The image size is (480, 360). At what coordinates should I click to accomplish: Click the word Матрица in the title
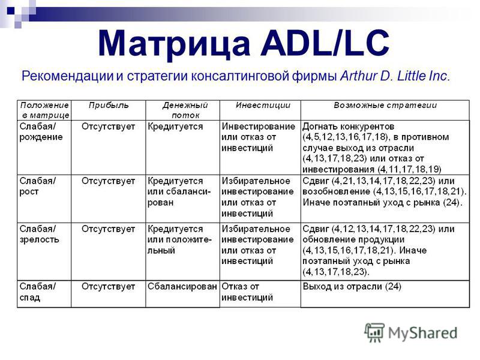[174, 43]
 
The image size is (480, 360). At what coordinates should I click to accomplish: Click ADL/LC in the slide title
[325, 43]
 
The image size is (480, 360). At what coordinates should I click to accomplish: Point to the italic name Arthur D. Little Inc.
[395, 76]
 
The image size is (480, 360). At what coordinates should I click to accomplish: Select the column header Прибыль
[109, 106]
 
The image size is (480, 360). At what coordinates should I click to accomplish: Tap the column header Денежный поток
[185, 110]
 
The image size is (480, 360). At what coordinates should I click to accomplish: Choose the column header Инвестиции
[263, 106]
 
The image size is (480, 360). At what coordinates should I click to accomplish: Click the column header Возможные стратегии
[385, 106]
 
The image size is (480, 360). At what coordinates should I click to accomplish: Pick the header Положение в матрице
[44, 110]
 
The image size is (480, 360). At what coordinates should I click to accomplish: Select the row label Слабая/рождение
[41, 131]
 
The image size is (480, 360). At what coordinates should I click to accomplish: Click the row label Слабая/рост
[38, 186]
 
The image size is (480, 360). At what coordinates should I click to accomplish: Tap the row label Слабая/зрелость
[39, 234]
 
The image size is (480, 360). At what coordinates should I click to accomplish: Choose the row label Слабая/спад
[38, 292]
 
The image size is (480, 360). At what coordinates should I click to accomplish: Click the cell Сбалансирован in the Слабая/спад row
[182, 287]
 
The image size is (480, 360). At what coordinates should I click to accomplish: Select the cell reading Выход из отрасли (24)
[352, 287]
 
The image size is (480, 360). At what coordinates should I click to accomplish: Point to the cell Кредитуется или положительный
[179, 239]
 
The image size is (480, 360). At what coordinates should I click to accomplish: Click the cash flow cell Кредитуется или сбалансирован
[179, 191]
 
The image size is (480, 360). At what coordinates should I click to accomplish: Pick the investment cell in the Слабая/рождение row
[259, 137]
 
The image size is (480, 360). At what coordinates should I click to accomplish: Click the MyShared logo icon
[374, 332]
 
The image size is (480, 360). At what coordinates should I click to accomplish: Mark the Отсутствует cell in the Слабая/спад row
[108, 287]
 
